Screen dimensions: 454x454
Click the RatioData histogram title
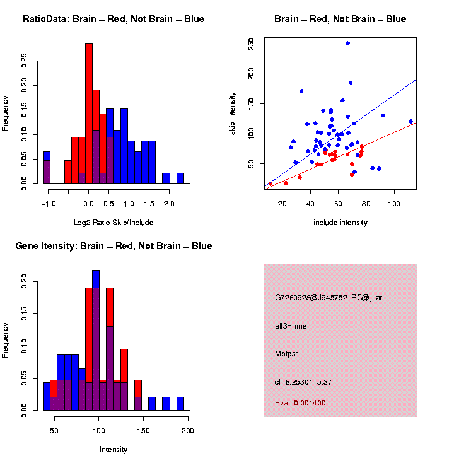coord(113,19)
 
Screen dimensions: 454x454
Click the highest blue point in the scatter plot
coord(347,44)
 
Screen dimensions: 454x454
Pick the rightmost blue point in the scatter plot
coord(410,121)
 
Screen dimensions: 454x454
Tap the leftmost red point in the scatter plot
coord(271,183)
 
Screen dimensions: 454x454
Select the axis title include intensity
coord(340,223)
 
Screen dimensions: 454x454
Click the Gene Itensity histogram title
coord(113,246)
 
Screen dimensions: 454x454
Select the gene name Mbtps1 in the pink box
coord(287,354)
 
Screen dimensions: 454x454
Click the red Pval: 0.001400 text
coord(300,403)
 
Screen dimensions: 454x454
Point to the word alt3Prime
coord(291,326)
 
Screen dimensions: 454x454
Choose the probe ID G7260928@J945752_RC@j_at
coord(328,298)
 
